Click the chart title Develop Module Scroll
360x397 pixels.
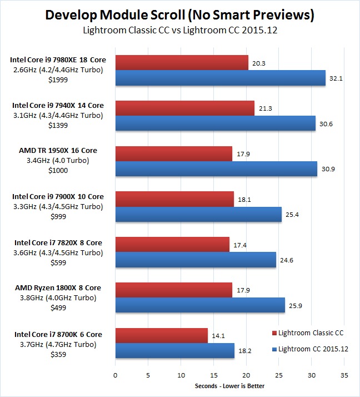tap(179, 15)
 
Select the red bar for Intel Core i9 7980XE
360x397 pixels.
tap(181, 63)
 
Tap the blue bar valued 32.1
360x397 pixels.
tap(220, 78)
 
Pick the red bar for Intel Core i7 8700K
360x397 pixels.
tap(161, 335)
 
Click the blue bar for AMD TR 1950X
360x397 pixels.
tap(216, 168)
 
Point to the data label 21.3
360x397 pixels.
tap(264, 109)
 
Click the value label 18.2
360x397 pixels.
tap(243, 350)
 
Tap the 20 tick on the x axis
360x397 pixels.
tap(246, 375)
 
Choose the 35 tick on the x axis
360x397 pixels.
tap(344, 375)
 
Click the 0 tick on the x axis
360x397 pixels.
tap(115, 375)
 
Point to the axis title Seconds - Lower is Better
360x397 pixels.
tap(230, 386)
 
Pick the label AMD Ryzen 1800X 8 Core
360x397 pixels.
tap(57, 288)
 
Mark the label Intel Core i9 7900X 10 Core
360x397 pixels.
tap(57, 196)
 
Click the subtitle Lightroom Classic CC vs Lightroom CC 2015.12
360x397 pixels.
tap(179, 31)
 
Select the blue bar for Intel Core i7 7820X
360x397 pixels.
tap(196, 259)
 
